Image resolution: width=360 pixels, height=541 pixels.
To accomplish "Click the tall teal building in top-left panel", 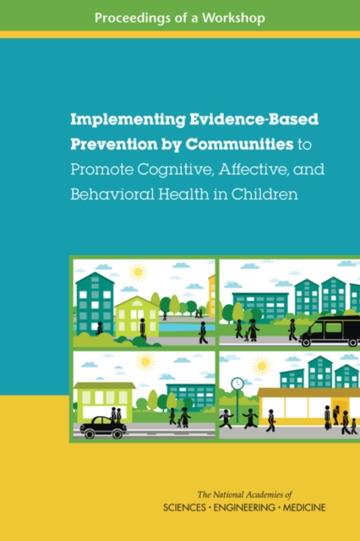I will (94, 300).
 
